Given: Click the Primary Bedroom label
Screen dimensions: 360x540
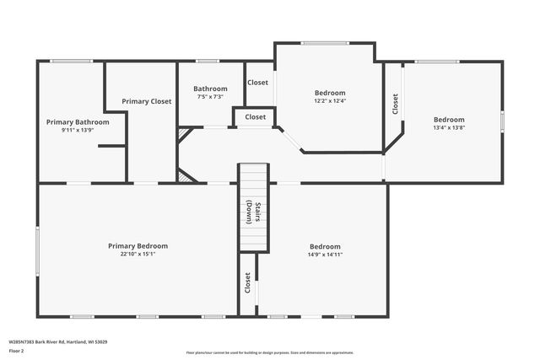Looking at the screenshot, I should click(x=138, y=245).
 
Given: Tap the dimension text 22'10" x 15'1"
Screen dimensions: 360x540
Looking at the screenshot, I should click(x=138, y=253).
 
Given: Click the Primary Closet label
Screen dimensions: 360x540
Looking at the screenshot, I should click(x=146, y=101).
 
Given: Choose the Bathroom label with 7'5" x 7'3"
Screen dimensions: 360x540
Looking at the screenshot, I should click(x=210, y=89).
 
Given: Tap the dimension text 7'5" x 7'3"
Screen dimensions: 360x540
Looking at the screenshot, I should click(x=210, y=96).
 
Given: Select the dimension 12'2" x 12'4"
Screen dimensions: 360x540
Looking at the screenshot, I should click(x=330, y=100).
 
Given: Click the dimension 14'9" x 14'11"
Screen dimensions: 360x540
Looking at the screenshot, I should click(x=325, y=254).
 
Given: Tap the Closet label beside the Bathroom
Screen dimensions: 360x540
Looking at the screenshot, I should click(x=257, y=83).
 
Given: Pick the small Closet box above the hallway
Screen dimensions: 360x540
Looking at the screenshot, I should click(x=255, y=116).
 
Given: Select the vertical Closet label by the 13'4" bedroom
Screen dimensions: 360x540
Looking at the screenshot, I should click(x=394, y=104).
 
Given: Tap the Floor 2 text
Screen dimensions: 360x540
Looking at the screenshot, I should click(x=18, y=352).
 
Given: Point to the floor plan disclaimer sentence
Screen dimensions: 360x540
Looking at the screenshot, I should click(x=270, y=352).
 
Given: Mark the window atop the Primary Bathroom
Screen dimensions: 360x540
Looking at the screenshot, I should click(x=72, y=61).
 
